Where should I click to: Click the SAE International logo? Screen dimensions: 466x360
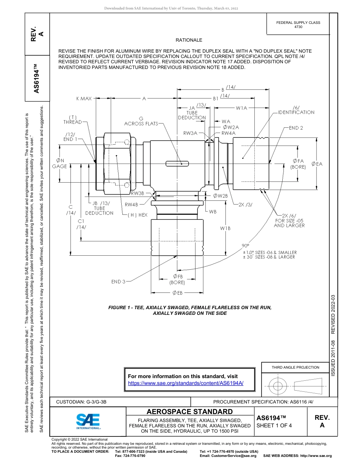[x=88, y=421]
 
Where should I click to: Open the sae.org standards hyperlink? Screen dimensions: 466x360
[x=186, y=383]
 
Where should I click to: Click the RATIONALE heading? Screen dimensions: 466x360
[x=189, y=40]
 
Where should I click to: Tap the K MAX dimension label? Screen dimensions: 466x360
[x=84, y=99]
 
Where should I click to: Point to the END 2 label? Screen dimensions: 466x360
[x=296, y=128]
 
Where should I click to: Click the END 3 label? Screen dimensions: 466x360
[x=118, y=281]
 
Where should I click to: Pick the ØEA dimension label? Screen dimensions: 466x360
[x=317, y=164]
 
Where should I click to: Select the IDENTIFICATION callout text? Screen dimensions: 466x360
[x=296, y=113]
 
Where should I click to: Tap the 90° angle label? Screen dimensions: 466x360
[x=246, y=246]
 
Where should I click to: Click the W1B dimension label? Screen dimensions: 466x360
[x=225, y=228]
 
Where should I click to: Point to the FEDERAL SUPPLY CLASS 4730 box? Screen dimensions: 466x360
[x=298, y=25]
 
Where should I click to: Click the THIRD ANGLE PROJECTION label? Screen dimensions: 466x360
[x=295, y=367]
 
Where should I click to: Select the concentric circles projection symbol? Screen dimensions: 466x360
[x=278, y=386]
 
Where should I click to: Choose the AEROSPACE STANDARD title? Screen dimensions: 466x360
[x=190, y=411]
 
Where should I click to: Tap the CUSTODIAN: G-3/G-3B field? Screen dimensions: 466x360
[x=84, y=402]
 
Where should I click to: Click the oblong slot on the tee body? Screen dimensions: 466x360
[x=177, y=164]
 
